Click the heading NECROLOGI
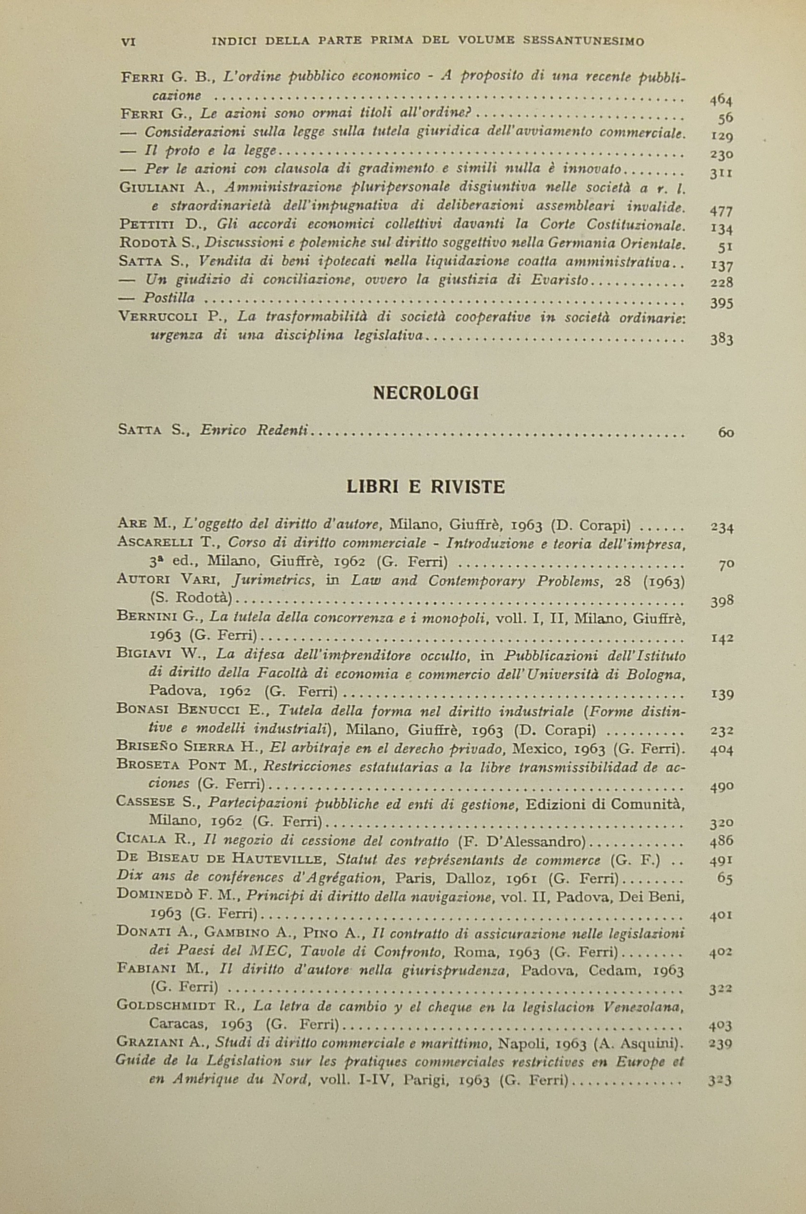(425, 393)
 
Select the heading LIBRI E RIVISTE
(425, 486)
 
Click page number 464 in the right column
(721, 99)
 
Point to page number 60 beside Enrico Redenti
(726, 433)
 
